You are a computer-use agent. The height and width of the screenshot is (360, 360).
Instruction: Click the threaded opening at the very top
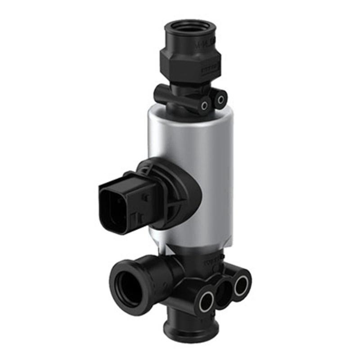tap(191, 27)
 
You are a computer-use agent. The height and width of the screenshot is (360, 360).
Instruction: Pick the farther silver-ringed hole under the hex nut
tap(220, 98)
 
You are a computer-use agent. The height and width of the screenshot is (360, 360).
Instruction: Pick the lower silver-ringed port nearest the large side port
tap(207, 302)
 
